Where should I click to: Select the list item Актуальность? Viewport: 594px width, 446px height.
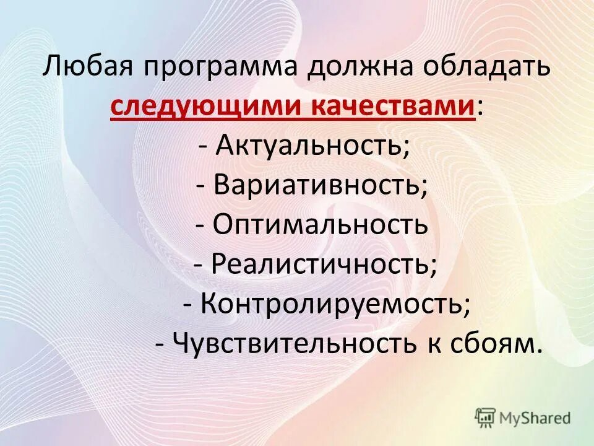[x=309, y=146]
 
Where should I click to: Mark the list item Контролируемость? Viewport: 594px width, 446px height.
[x=332, y=303]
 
